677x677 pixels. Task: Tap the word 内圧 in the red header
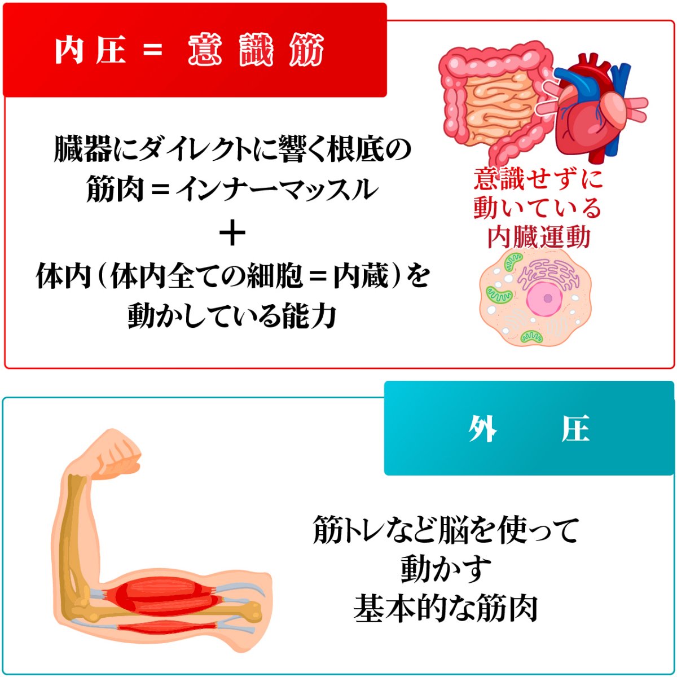point(90,50)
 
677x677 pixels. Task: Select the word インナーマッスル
point(276,190)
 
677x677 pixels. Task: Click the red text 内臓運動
point(539,237)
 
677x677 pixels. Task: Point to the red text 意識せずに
point(539,179)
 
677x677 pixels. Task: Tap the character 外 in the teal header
point(482,429)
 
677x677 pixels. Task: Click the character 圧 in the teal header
point(575,429)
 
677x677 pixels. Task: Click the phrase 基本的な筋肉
point(446,609)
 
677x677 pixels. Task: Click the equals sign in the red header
point(152,51)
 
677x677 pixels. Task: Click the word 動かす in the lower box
point(446,570)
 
